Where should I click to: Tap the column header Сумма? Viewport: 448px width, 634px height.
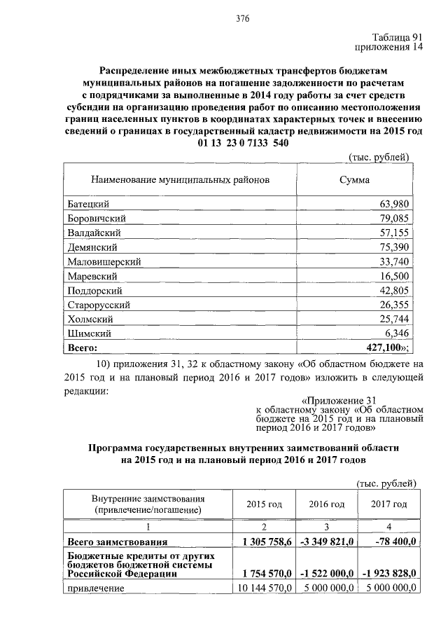click(354, 179)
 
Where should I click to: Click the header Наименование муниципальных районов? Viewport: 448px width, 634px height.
click(180, 179)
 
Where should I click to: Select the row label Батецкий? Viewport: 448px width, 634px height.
click(87, 204)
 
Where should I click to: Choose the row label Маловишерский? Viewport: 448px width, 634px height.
click(104, 261)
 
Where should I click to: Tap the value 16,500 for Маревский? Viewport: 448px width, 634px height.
click(395, 276)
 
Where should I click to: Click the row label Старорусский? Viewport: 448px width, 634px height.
click(99, 305)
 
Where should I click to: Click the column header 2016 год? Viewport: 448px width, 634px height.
click(327, 504)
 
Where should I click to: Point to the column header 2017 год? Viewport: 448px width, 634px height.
click(389, 504)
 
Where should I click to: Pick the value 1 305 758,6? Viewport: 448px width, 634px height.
click(267, 542)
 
